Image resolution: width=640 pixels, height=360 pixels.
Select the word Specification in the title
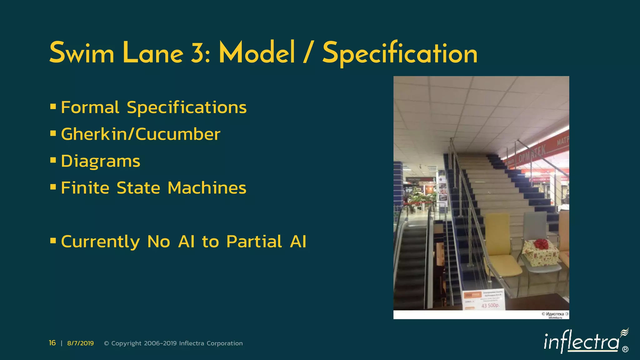[x=400, y=53]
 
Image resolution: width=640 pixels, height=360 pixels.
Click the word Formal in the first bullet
[x=90, y=107]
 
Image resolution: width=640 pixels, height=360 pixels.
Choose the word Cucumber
[x=178, y=134]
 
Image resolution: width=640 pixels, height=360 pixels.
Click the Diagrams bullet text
[x=100, y=162]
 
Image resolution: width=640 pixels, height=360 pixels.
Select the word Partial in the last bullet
[x=254, y=242]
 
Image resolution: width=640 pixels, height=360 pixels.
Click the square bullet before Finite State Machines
[x=53, y=187]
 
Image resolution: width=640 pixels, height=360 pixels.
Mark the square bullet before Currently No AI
[x=53, y=241]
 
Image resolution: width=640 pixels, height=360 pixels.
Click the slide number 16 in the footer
[x=52, y=343]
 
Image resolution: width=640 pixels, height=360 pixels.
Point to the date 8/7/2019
[x=80, y=343]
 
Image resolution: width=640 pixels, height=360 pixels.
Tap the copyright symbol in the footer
[x=106, y=343]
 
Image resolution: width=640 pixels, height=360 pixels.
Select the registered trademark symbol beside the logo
[x=625, y=349]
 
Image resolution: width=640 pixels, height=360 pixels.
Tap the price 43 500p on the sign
[x=490, y=305]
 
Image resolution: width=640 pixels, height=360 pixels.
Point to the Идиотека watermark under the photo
[x=555, y=314]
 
